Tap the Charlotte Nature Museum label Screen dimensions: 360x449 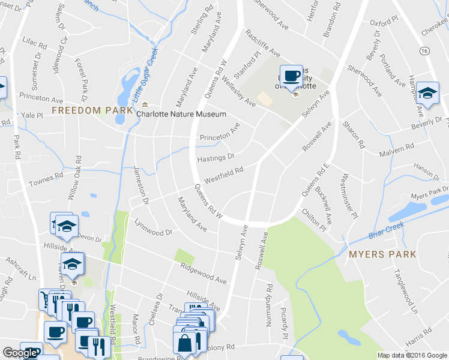[x=181, y=114]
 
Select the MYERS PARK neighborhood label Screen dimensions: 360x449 [x=382, y=254]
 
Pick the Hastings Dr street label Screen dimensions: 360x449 [x=215, y=158]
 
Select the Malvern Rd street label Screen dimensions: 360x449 [x=397, y=150]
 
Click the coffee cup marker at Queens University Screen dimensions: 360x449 [x=292, y=76]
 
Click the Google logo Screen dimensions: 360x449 [x=20, y=353]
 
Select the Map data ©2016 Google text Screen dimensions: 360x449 [x=412, y=355]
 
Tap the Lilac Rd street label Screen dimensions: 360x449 [x=34, y=45]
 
